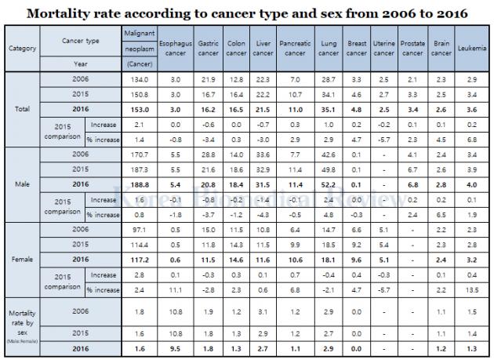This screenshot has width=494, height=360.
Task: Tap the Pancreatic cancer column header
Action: click(x=294, y=48)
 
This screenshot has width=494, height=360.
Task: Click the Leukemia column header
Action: click(x=470, y=48)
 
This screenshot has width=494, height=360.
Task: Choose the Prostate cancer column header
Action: click(x=412, y=48)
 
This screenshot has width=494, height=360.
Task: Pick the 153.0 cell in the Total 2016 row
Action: click(x=139, y=110)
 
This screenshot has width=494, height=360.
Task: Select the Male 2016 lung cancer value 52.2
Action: click(x=328, y=184)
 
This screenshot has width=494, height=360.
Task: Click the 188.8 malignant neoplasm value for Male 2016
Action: click(x=139, y=184)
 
